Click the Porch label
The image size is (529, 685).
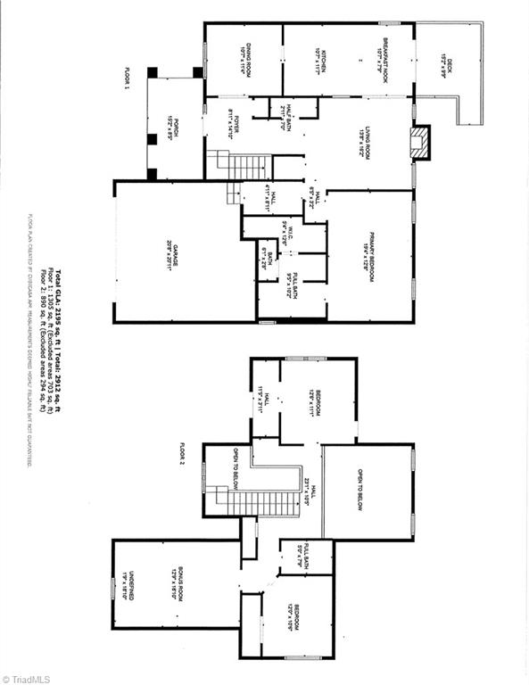[177, 130]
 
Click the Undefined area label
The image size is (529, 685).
[127, 584]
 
